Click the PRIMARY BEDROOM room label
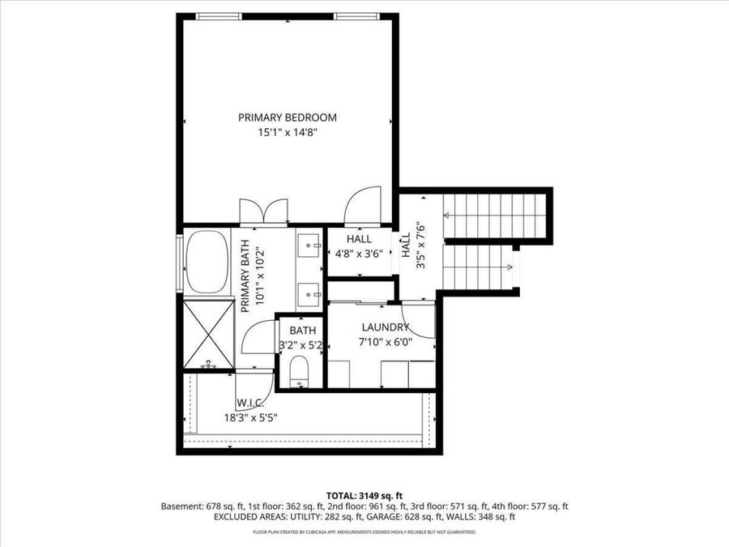288,118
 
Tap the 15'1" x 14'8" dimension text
288,133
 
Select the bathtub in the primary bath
207,262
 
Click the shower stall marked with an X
209,334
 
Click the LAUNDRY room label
386,327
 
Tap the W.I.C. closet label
250,402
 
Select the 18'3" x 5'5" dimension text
250,417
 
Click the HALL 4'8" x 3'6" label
359,246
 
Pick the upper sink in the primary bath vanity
309,245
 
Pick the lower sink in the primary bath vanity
309,295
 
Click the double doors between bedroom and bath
263,212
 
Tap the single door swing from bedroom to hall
363,205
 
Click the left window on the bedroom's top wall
219,16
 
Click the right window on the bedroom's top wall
356,16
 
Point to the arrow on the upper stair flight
494,216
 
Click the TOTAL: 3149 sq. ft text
364,496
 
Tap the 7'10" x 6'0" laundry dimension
386,342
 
